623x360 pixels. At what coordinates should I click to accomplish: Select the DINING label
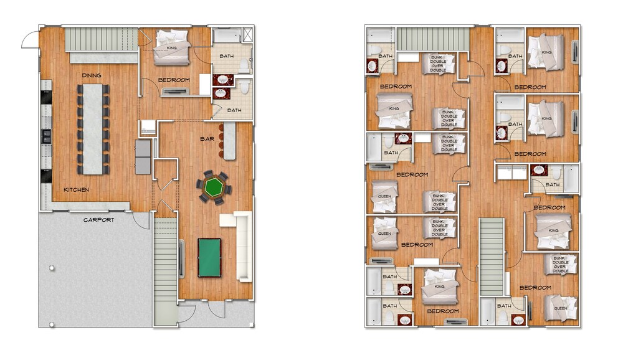[x=92, y=75]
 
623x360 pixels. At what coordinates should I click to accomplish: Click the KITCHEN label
[x=76, y=189]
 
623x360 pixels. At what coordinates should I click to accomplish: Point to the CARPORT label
[x=99, y=220]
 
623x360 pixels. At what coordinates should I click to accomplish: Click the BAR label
[x=207, y=139]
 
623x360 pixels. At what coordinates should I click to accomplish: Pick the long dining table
[x=93, y=129]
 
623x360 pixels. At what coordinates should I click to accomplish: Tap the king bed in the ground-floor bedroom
[x=172, y=47]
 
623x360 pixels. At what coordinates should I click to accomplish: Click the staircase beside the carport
[x=165, y=270]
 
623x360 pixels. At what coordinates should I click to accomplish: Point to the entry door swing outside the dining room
[x=30, y=40]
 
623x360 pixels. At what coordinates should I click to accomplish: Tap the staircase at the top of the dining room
[x=102, y=39]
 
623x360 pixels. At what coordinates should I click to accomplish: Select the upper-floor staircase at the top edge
[x=433, y=39]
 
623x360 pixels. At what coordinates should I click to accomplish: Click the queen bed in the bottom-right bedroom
[x=560, y=308]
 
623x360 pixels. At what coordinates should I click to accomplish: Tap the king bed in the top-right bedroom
[x=546, y=52]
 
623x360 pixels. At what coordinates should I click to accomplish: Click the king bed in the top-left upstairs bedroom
[x=395, y=110]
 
